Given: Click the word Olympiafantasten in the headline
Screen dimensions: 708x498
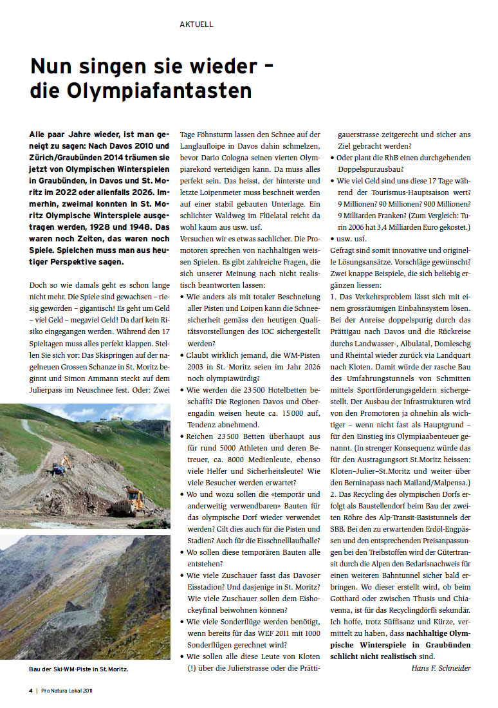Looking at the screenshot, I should tap(158, 90).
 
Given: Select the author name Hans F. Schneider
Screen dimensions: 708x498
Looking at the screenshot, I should tap(441, 667).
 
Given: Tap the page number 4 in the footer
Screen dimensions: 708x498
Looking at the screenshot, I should tap(30, 691).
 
